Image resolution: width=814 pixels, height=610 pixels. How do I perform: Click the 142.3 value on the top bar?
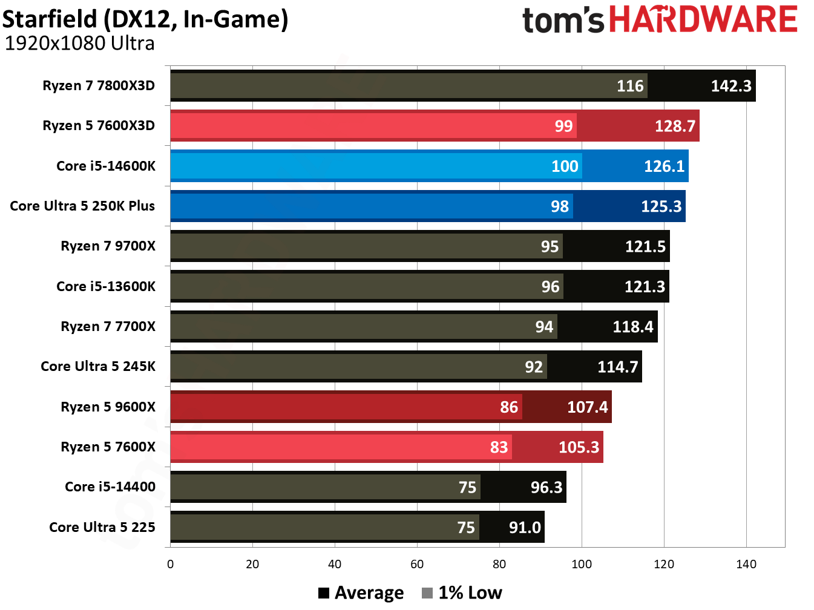coord(730,86)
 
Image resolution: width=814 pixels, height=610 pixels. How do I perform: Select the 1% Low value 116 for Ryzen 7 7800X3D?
coord(630,86)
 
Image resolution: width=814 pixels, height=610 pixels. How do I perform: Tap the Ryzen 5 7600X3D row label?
coord(99,126)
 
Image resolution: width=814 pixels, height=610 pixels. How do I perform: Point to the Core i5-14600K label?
coord(106,166)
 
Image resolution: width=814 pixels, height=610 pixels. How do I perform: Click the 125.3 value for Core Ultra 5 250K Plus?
coord(661,206)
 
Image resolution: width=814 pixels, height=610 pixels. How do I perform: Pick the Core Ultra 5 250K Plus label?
coord(82,206)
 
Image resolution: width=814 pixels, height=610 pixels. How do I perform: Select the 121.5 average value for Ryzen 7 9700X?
coord(645,246)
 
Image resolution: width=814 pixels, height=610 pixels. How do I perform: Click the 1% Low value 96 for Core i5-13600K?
coord(550,287)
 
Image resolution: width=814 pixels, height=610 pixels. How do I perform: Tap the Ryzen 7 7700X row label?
coord(108,327)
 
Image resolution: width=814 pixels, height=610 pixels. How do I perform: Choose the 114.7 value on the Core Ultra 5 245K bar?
coord(617,367)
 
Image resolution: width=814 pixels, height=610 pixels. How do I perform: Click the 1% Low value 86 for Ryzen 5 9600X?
coord(509,407)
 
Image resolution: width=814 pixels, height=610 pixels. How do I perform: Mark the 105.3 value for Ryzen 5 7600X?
coord(579,447)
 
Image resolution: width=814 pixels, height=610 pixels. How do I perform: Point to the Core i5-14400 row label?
coord(110,487)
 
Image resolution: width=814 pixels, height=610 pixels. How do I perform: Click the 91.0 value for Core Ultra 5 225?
coord(525,527)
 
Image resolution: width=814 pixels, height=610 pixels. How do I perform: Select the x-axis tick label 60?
coord(417,564)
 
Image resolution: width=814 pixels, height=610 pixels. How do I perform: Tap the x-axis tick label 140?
coord(746,564)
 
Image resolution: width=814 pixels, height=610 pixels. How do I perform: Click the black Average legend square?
coord(324,593)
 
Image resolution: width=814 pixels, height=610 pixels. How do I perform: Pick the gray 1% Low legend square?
coord(427,593)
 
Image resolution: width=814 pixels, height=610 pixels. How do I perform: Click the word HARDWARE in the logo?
coord(703,19)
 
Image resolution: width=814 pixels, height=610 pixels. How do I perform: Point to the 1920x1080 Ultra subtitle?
coord(79,44)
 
